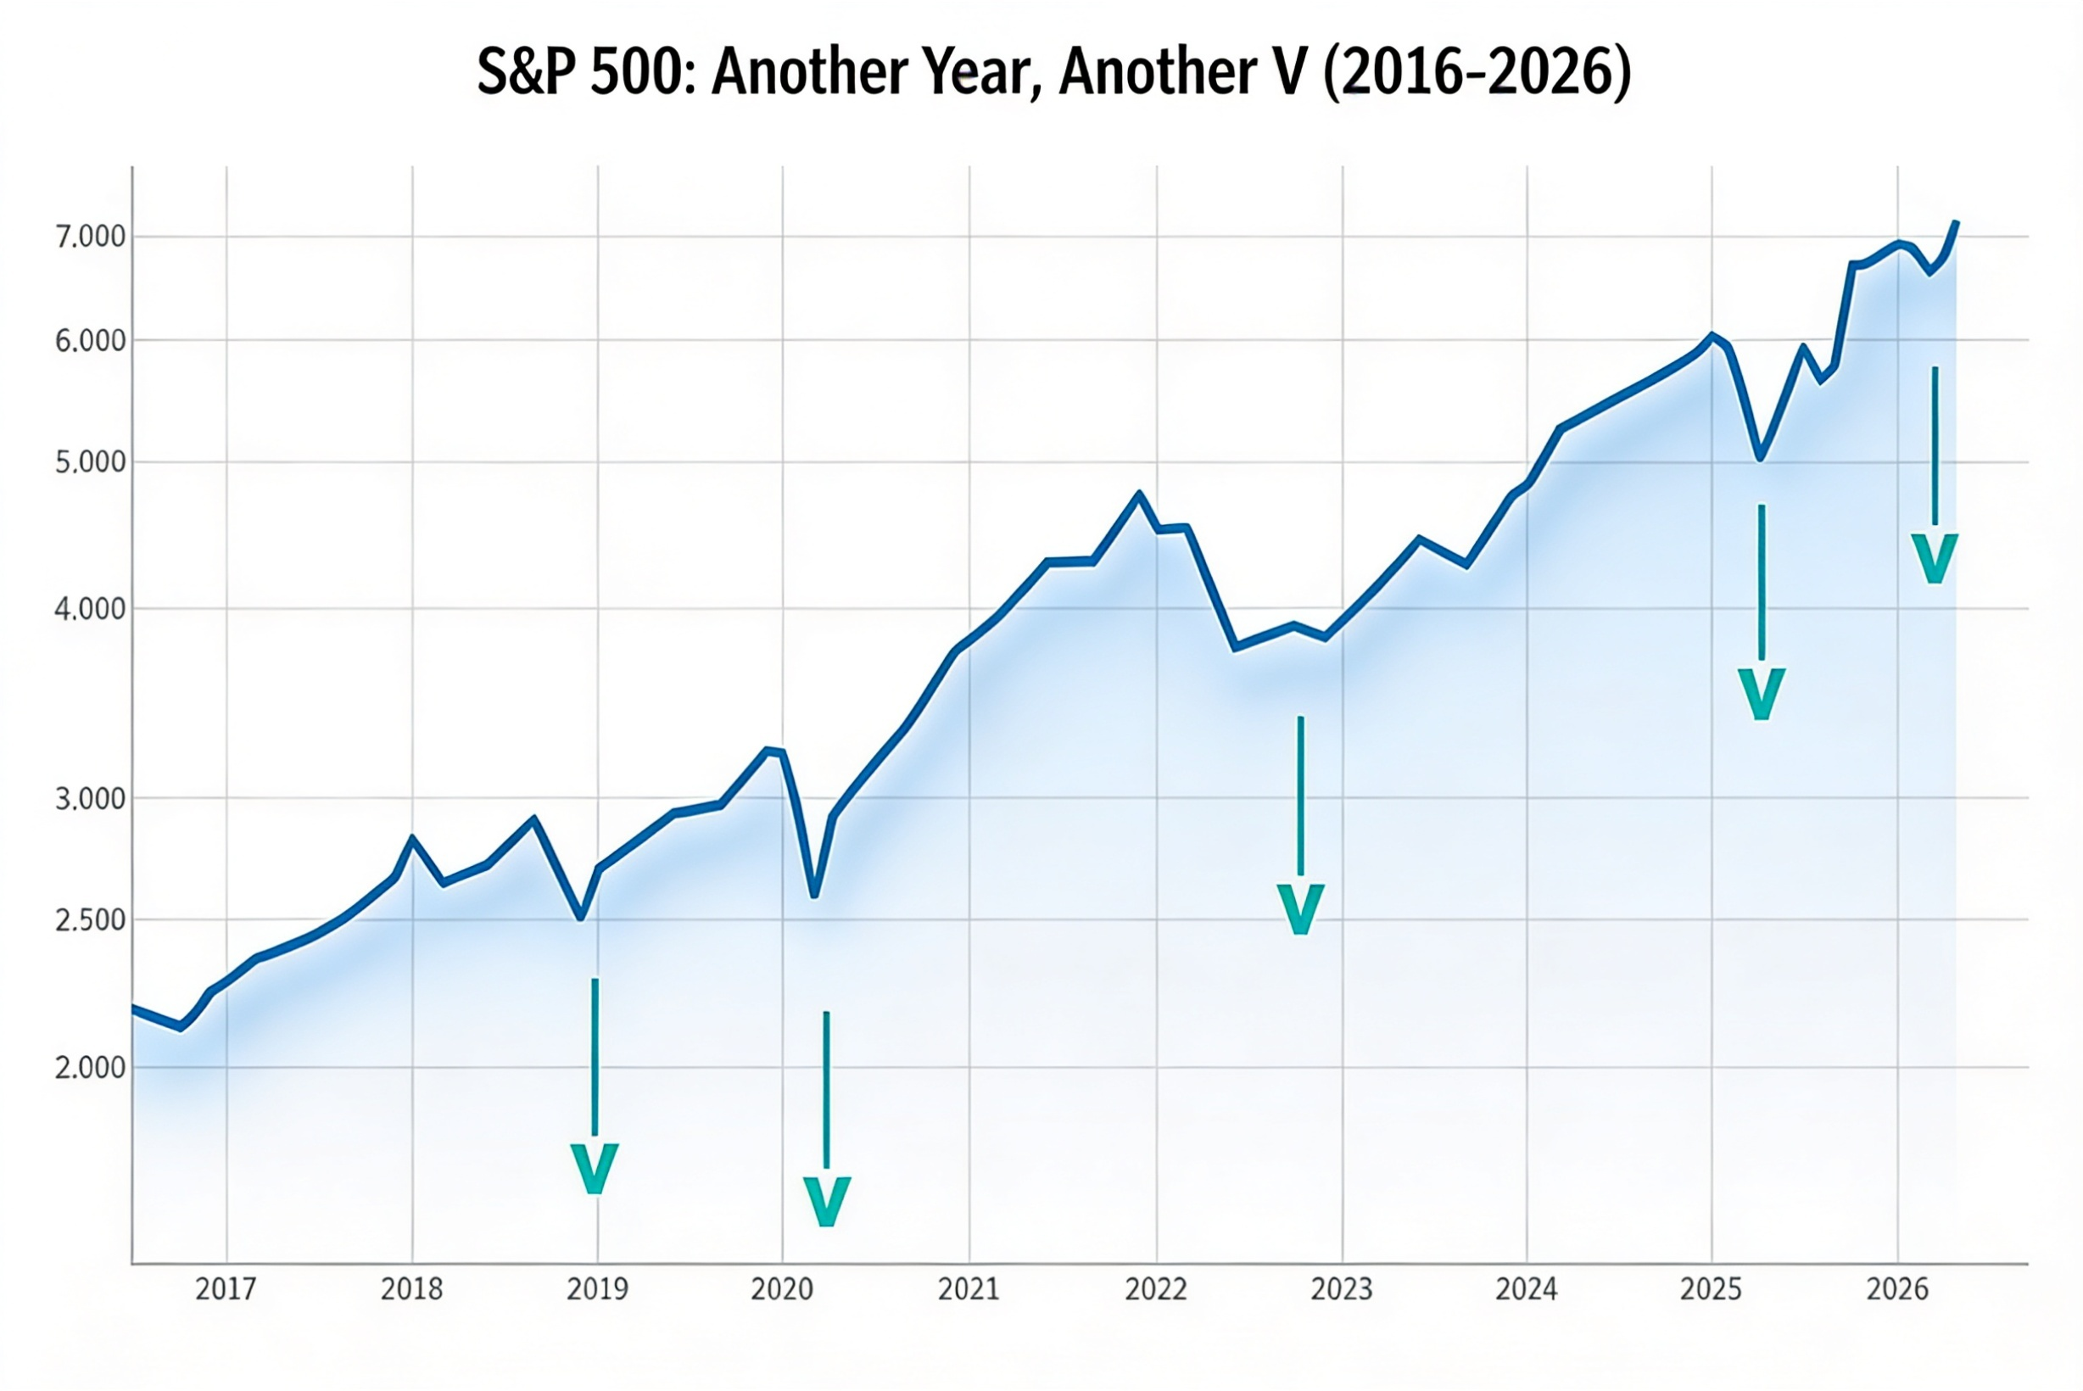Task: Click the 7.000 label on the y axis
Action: click(x=91, y=237)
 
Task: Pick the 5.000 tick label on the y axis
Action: click(x=91, y=462)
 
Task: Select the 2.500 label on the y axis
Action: click(x=91, y=920)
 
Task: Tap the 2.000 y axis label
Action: click(x=91, y=1067)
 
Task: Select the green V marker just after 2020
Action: click(x=826, y=1201)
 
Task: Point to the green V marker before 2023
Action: click(x=1299, y=908)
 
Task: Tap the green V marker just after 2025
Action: click(x=1761, y=694)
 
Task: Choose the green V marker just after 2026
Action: click(x=1934, y=558)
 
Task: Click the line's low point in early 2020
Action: click(x=813, y=896)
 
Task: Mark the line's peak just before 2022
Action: click(x=1140, y=494)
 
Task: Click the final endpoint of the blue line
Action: click(x=1956, y=223)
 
